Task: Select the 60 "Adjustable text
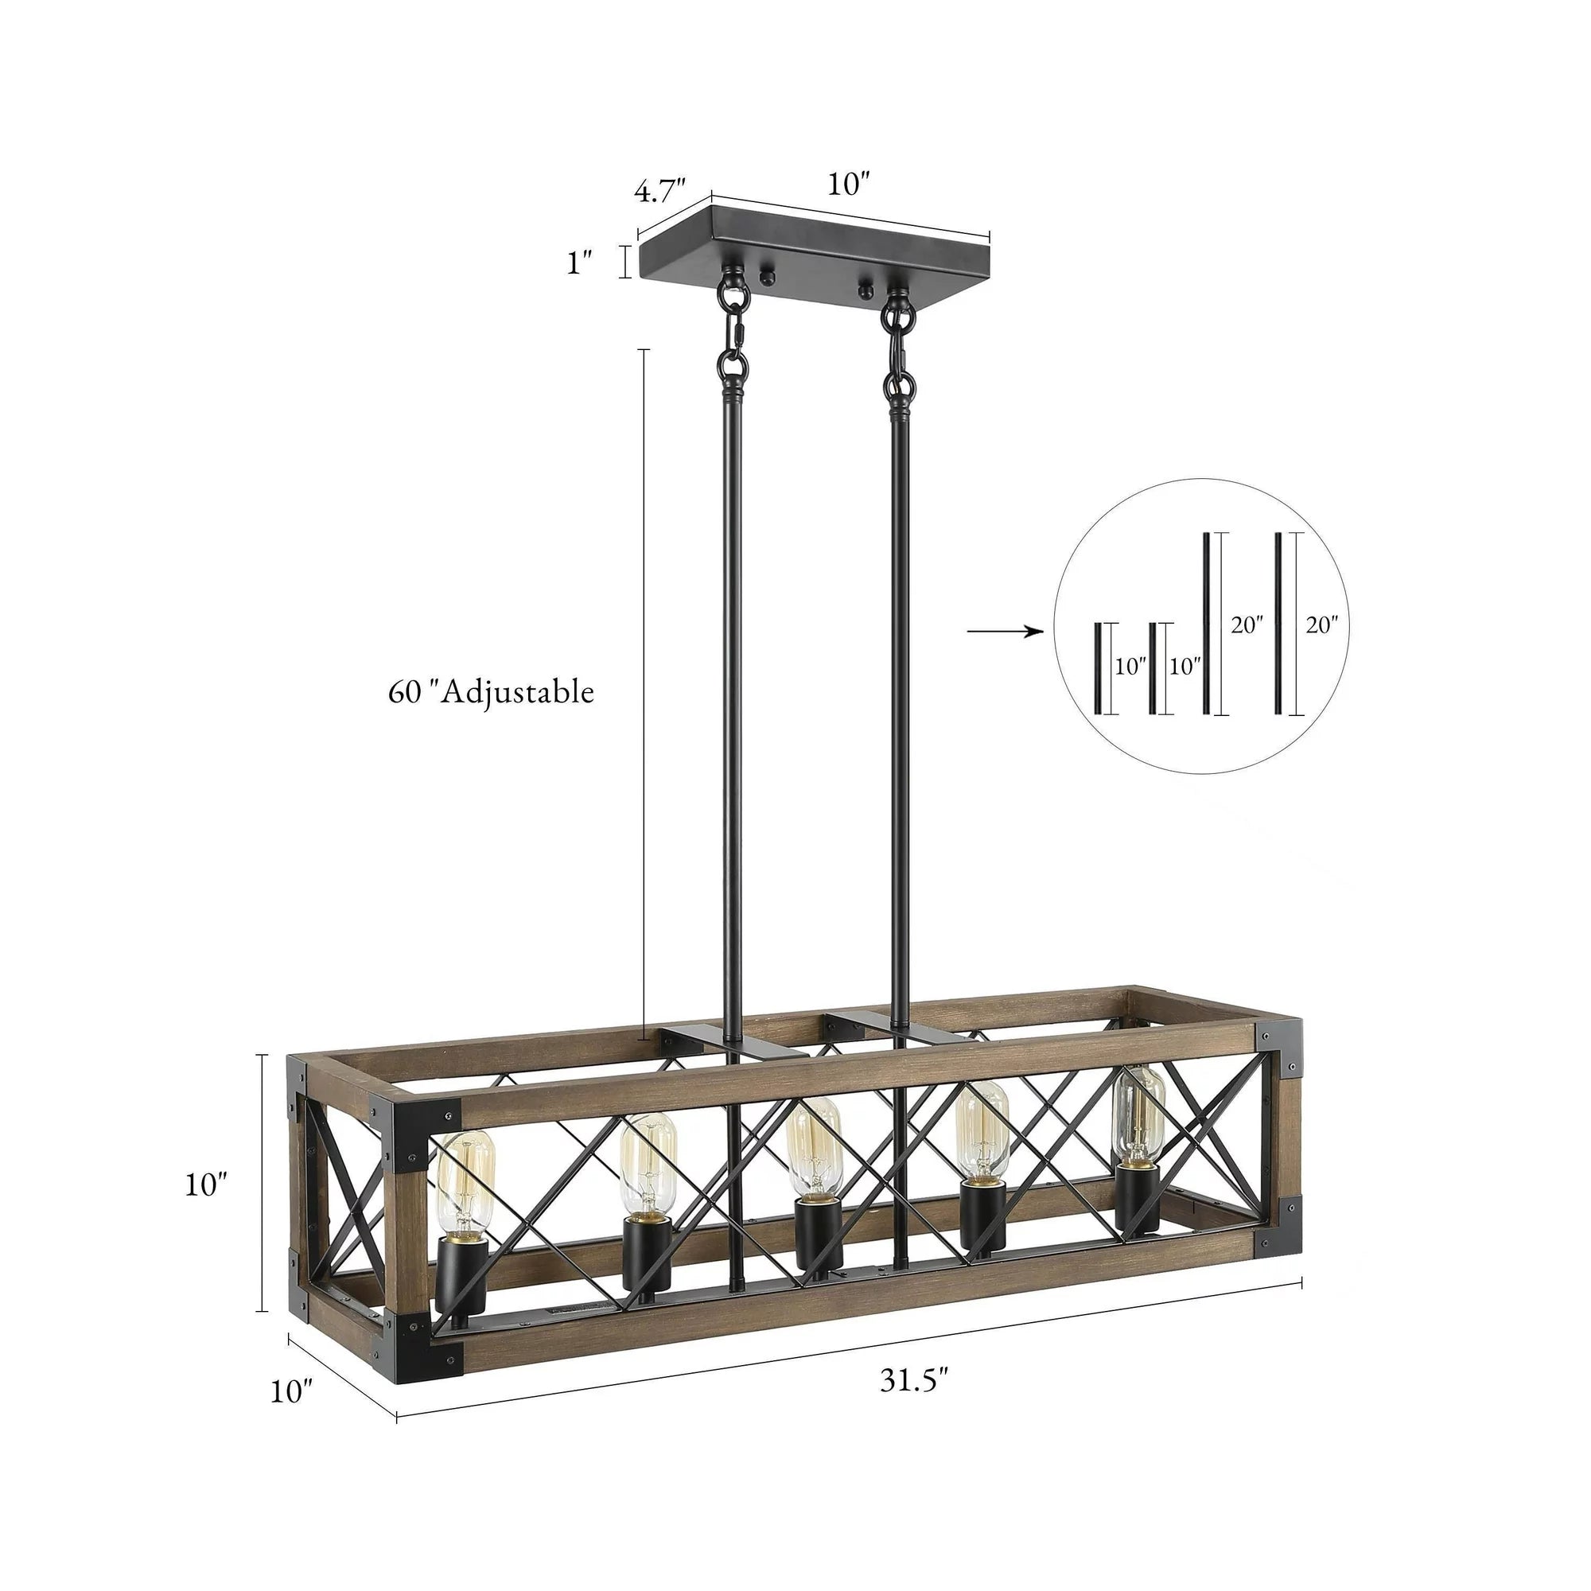coord(491,692)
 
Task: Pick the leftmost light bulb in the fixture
coord(465,1189)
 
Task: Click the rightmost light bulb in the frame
coord(1139,1117)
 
